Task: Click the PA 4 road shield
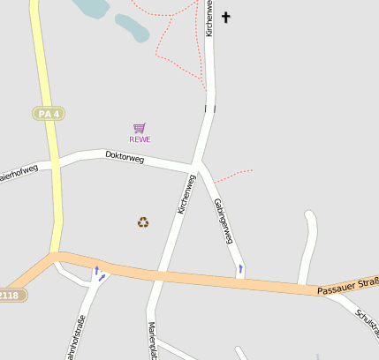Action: pyautogui.click(x=49, y=113)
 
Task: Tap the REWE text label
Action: pyautogui.click(x=140, y=139)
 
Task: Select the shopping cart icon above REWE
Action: pyautogui.click(x=139, y=128)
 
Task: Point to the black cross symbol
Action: pyautogui.click(x=225, y=17)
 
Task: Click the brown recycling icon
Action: pyautogui.click(x=143, y=222)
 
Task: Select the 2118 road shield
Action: pyautogui.click(x=11, y=295)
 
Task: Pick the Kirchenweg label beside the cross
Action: pyautogui.click(x=209, y=18)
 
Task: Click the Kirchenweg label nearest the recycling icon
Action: pyautogui.click(x=186, y=193)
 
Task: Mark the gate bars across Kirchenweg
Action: pyautogui.click(x=209, y=109)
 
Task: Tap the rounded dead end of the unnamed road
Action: pyautogui.click(x=309, y=214)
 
